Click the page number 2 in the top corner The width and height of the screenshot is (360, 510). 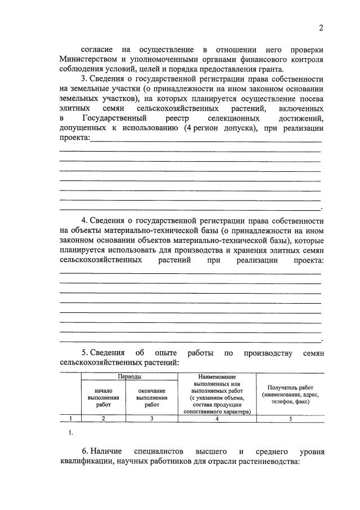321,28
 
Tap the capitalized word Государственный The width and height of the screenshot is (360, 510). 115,118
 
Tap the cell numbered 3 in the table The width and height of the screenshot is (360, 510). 152,418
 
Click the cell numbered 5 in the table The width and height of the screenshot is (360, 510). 290,418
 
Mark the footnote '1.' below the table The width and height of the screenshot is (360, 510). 70,432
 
